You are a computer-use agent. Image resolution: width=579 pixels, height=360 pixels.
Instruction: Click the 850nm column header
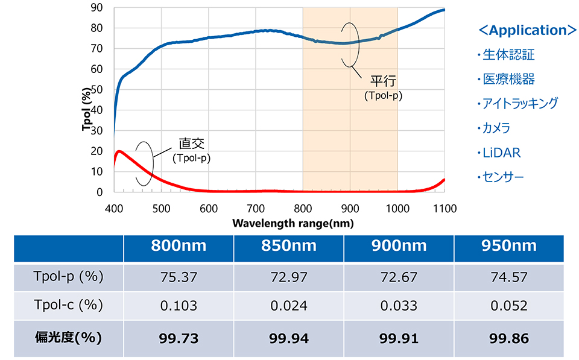288,245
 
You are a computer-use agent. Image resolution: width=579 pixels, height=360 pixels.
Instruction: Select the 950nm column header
508,245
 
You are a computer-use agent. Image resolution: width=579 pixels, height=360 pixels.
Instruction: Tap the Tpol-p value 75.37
178,277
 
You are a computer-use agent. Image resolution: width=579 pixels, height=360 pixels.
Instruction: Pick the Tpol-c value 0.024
288,306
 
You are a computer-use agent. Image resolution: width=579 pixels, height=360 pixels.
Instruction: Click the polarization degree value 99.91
399,338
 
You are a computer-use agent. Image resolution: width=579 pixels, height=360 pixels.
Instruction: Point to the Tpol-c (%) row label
68,305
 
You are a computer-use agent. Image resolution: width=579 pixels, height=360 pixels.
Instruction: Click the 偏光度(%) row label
68,337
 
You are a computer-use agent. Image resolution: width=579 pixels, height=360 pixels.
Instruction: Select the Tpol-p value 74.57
508,277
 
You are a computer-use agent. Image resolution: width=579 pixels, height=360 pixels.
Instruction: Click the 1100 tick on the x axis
445,209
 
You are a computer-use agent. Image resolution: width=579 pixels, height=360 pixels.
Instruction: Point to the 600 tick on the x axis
208,209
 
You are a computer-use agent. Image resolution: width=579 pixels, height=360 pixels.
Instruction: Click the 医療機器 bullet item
508,79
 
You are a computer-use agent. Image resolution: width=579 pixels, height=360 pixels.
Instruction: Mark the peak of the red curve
119,151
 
